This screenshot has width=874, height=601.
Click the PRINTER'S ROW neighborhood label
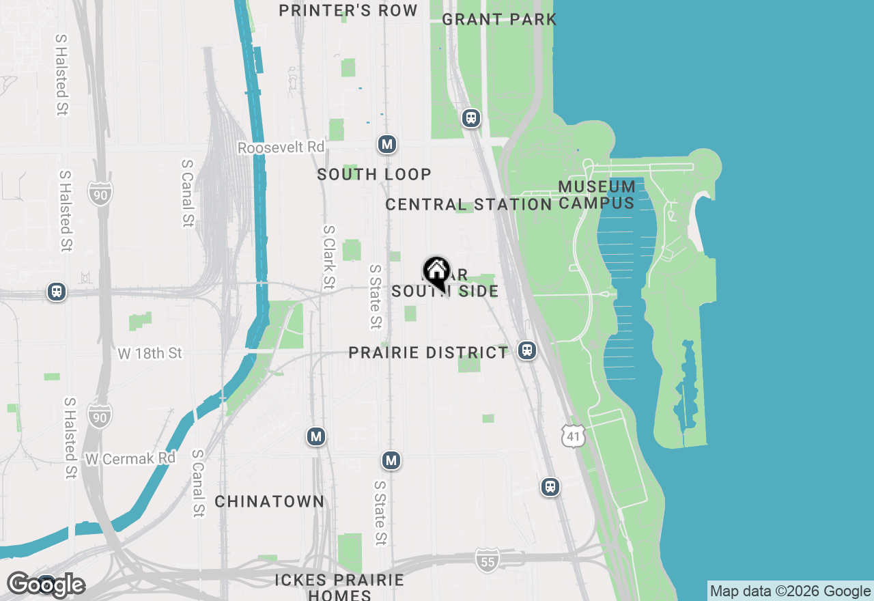(x=348, y=10)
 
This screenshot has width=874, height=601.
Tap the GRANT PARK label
(x=499, y=19)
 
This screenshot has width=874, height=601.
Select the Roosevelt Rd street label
(x=281, y=148)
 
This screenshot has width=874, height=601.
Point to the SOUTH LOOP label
(x=374, y=174)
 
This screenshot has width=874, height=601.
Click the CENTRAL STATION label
(x=468, y=204)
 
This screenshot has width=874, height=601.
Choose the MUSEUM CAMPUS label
(x=597, y=195)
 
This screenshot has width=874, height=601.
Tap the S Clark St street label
(x=329, y=257)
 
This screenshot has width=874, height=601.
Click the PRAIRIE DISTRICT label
(x=428, y=352)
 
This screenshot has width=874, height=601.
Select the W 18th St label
(x=150, y=353)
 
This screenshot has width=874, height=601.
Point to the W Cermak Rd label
(x=130, y=458)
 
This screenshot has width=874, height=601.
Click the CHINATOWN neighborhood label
(x=270, y=501)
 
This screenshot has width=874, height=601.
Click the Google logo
(x=46, y=585)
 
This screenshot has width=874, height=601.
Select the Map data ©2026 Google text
(x=790, y=591)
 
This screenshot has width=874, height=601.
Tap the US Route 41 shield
(x=574, y=435)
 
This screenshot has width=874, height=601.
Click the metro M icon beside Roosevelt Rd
(x=387, y=144)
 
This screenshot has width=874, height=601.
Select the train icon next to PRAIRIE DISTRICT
(x=526, y=350)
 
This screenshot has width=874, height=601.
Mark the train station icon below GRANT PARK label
(x=470, y=118)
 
